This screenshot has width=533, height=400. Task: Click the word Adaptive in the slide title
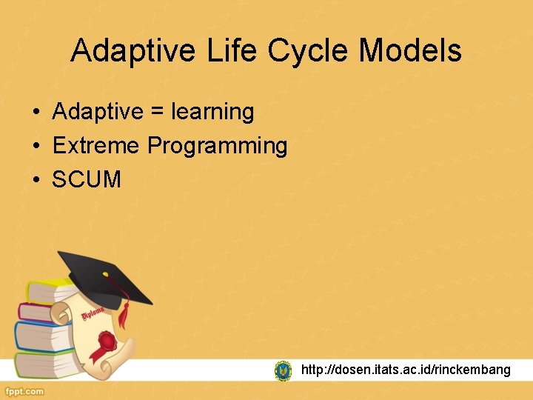pyautogui.click(x=133, y=51)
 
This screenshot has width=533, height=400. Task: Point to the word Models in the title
pyautogui.click(x=410, y=51)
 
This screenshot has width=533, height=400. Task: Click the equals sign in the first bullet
pyautogui.click(x=157, y=113)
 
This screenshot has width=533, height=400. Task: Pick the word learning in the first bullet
pyautogui.click(x=212, y=113)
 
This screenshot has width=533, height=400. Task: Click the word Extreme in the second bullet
pyautogui.click(x=96, y=146)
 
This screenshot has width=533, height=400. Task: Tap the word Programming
pyautogui.click(x=218, y=146)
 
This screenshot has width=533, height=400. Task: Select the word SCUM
pyautogui.click(x=87, y=179)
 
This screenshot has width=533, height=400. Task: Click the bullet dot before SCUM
pyautogui.click(x=35, y=180)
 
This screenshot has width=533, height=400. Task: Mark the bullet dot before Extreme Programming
pyautogui.click(x=35, y=147)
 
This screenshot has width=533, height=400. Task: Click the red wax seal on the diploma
pyautogui.click(x=108, y=341)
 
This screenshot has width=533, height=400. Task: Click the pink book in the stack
pyautogui.click(x=37, y=312)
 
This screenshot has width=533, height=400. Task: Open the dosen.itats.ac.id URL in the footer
pyautogui.click(x=406, y=370)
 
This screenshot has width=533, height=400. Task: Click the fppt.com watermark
pyautogui.click(x=24, y=391)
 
